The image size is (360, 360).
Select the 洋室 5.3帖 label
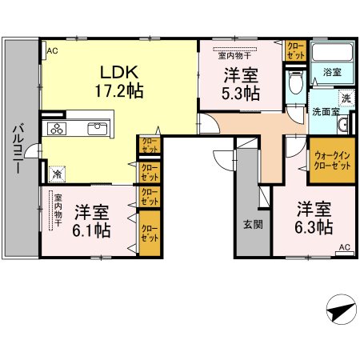(x=241, y=84)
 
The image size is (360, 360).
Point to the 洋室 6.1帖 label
(x=93, y=221)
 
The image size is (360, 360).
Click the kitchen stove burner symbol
(x=58, y=129)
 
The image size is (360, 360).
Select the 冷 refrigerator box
(x=57, y=171)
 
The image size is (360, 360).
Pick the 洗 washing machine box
(x=346, y=98)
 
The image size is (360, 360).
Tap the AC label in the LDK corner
(x=52, y=50)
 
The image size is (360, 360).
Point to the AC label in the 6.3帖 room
(x=345, y=247)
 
